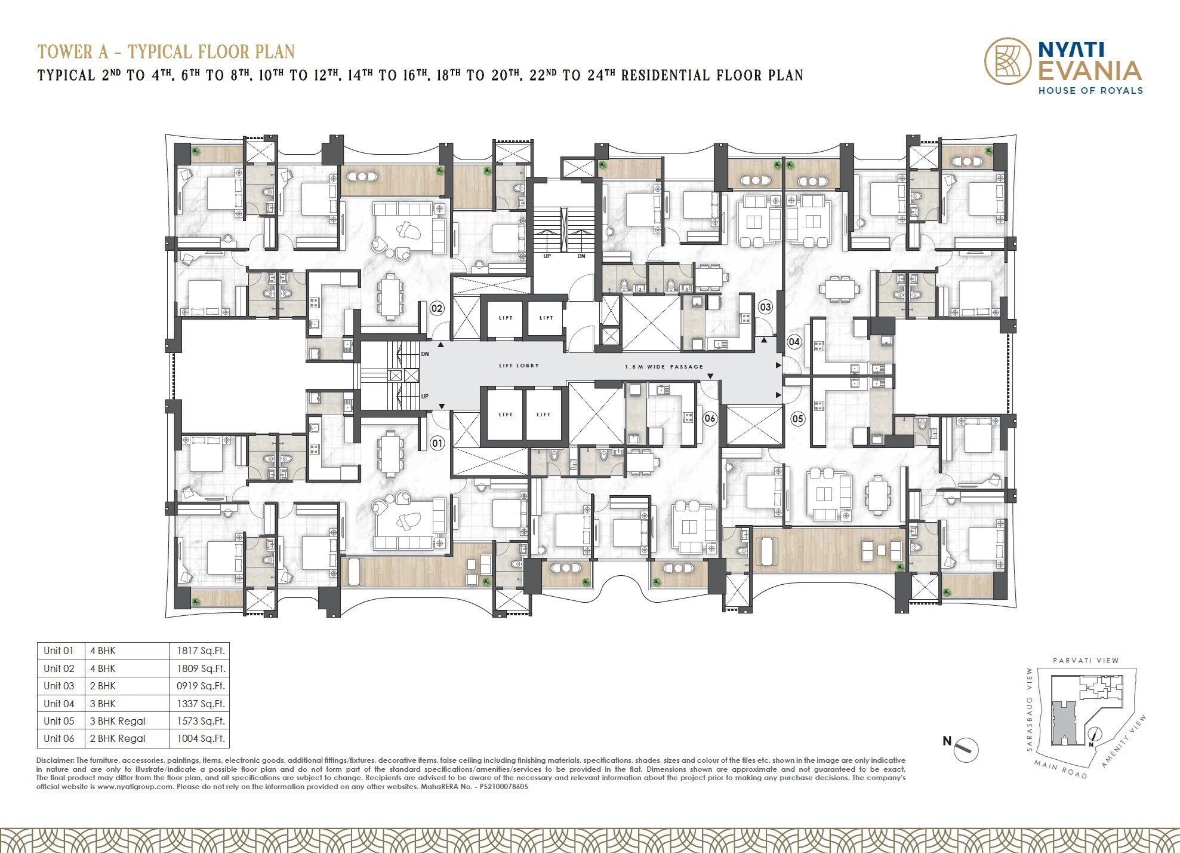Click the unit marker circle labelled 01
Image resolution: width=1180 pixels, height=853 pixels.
(x=438, y=443)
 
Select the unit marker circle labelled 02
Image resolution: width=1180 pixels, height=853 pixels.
(x=437, y=308)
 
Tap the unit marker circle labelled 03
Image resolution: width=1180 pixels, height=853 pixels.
(x=765, y=308)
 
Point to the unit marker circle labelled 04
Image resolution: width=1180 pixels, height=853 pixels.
(x=794, y=342)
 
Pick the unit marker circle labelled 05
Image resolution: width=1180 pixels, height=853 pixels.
(x=798, y=419)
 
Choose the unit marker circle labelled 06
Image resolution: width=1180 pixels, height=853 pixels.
(x=709, y=418)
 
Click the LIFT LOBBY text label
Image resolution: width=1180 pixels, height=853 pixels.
(x=519, y=366)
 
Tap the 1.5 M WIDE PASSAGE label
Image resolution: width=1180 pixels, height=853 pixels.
(x=664, y=367)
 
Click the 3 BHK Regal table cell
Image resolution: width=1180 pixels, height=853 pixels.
(x=118, y=720)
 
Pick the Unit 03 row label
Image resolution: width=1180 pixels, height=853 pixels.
(x=59, y=686)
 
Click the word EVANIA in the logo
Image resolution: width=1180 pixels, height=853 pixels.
(x=1090, y=71)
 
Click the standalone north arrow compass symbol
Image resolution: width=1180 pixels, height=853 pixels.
(x=966, y=748)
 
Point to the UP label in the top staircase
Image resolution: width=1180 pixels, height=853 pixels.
(x=547, y=256)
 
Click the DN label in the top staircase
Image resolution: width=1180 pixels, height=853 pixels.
(x=581, y=256)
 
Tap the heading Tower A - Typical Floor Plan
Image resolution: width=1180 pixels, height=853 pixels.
(x=166, y=52)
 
